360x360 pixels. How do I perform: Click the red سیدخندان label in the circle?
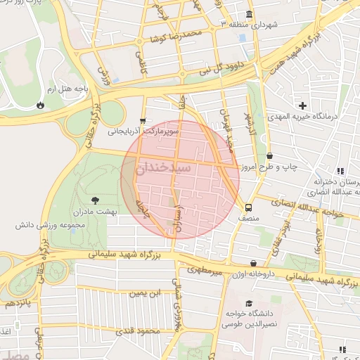click(181, 169)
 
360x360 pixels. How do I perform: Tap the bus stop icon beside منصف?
click(248, 207)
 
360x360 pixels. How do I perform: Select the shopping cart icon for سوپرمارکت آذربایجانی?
click(143, 120)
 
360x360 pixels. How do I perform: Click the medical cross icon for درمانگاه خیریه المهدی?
click(302, 105)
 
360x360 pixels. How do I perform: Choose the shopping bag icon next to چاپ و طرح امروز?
click(269, 156)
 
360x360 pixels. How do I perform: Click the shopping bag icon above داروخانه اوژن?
click(253, 263)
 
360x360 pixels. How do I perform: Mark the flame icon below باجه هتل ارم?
click(41, 105)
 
